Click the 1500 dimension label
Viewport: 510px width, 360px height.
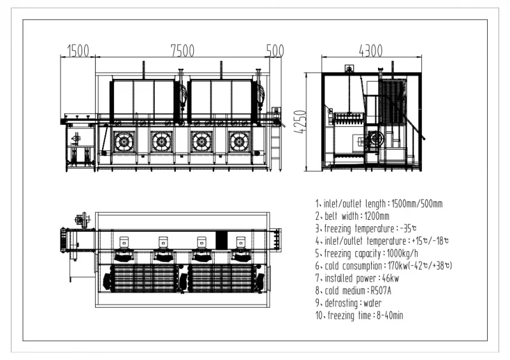click(78, 51)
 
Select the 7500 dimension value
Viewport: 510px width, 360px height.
click(182, 51)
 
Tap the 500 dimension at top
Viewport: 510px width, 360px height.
click(275, 51)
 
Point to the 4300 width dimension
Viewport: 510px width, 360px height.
click(371, 51)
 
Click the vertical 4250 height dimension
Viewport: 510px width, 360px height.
click(300, 122)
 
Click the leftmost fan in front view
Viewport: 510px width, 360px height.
click(124, 142)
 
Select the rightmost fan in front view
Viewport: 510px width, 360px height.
click(240, 142)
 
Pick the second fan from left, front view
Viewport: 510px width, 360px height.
click(162, 142)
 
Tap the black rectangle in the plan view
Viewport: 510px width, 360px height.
click(221, 239)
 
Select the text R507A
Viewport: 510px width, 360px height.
click(381, 291)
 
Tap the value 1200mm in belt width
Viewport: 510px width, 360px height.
click(377, 216)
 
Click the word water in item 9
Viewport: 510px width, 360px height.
click(372, 303)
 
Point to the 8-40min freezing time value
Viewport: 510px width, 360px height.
click(390, 315)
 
